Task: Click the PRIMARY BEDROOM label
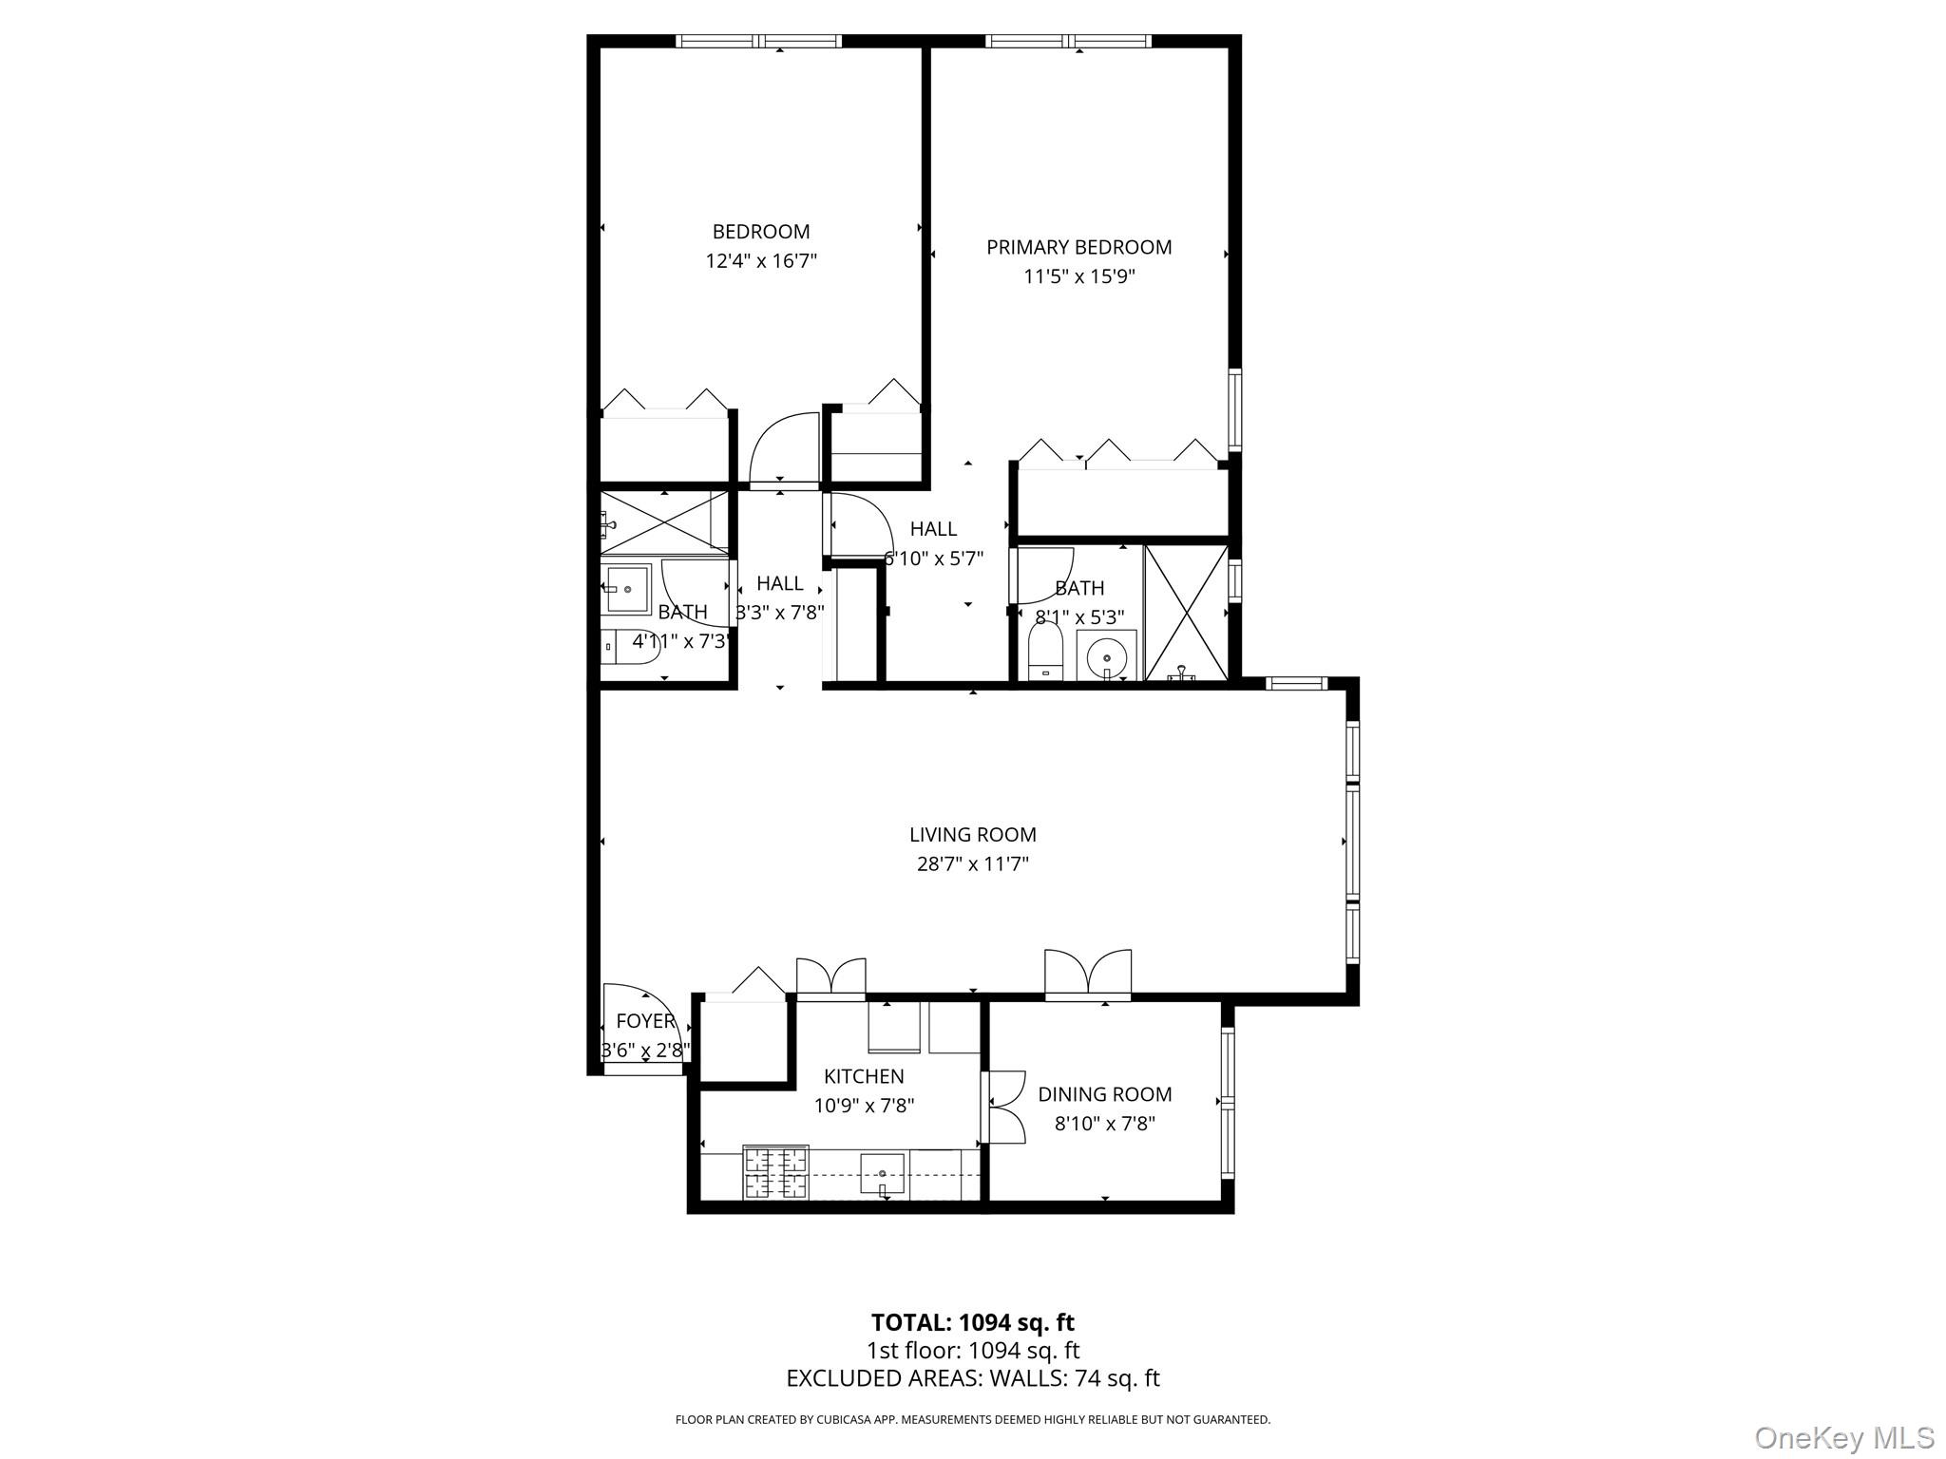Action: pyautogui.click(x=1078, y=248)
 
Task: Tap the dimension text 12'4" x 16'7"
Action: pyautogui.click(x=761, y=261)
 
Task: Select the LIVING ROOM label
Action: pyautogui.click(x=972, y=835)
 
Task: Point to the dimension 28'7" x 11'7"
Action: pyautogui.click(x=972, y=864)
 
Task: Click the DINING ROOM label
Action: pyautogui.click(x=1104, y=1094)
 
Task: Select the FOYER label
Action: pyautogui.click(x=645, y=1021)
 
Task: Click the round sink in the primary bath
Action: pyautogui.click(x=1106, y=655)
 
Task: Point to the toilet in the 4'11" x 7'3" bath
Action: pyautogui.click(x=633, y=645)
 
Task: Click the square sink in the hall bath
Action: pyautogui.click(x=626, y=589)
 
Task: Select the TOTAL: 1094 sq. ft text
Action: pyautogui.click(x=972, y=1322)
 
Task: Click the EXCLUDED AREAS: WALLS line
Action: pyautogui.click(x=972, y=1378)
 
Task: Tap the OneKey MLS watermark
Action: pyautogui.click(x=1843, y=1438)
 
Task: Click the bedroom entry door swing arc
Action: pyautogui.click(x=784, y=446)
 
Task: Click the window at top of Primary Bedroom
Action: pyautogui.click(x=1068, y=41)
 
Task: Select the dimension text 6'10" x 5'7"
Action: pyautogui.click(x=934, y=559)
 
